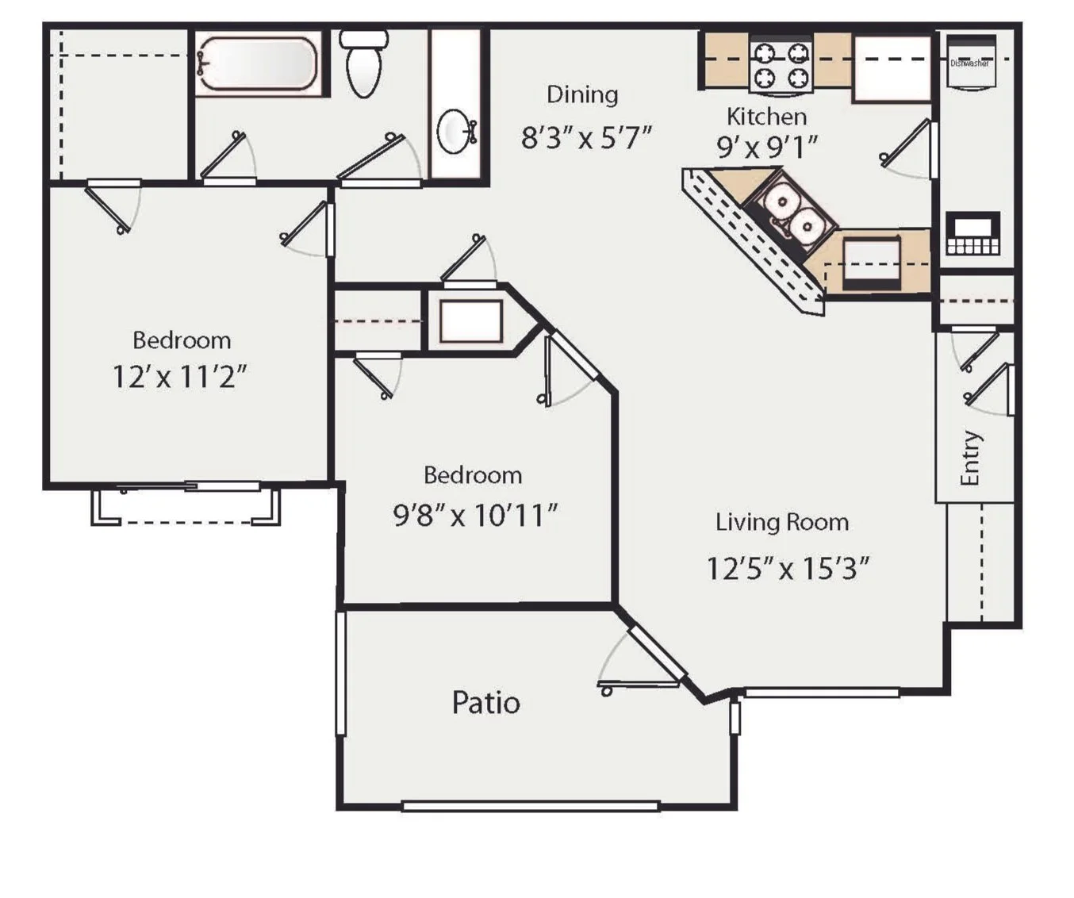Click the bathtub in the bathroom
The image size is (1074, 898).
[x=258, y=63]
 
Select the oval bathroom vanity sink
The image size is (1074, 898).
[x=455, y=132]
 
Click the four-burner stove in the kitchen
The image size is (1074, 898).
[x=781, y=64]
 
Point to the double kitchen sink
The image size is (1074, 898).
[x=793, y=214]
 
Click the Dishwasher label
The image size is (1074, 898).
[x=970, y=63]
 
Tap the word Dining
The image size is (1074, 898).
[x=582, y=94]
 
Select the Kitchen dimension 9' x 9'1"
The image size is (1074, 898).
[x=766, y=147]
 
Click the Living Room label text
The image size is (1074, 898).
[x=782, y=522]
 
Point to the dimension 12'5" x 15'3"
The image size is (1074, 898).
[x=788, y=569]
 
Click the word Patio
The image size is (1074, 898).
[x=485, y=703]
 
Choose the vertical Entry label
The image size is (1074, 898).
[x=970, y=458]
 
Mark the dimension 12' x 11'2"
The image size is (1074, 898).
[x=179, y=376]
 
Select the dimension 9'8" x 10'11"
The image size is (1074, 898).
[x=475, y=516]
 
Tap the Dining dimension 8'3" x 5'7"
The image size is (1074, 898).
[x=586, y=138]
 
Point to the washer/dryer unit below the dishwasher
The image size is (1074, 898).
[x=972, y=234]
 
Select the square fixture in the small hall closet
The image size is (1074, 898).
[x=471, y=321]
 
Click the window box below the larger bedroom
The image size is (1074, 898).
[x=186, y=506]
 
